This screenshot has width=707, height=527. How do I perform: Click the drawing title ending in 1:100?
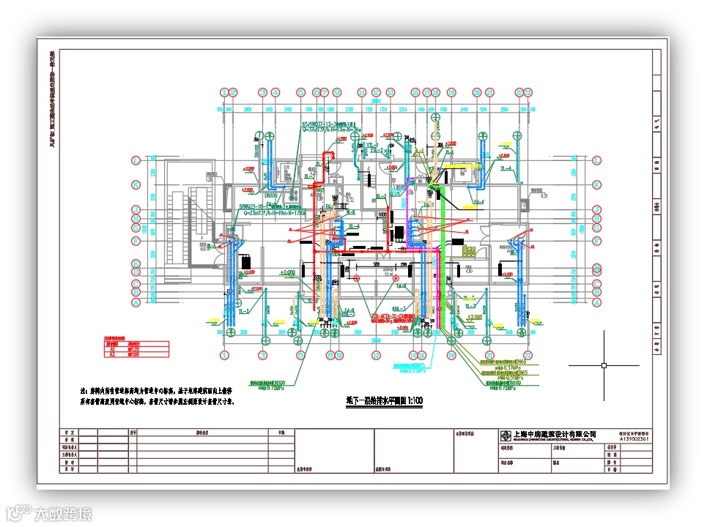pyautogui.click(x=385, y=402)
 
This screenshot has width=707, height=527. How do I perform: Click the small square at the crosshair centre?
pyautogui.click(x=604, y=365)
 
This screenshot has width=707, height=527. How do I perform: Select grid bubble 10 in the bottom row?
pyautogui.click(x=339, y=356)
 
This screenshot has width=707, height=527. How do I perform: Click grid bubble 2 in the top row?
pyautogui.click(x=234, y=92)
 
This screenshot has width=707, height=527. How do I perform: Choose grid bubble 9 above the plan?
pyautogui.click(x=338, y=92)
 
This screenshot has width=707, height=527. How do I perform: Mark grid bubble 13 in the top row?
pyautogui.click(x=390, y=92)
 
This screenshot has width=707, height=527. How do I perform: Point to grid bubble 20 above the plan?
pyautogui.click(x=477, y=92)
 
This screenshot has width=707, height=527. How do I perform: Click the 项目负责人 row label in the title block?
pyautogui.click(x=70, y=446)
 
